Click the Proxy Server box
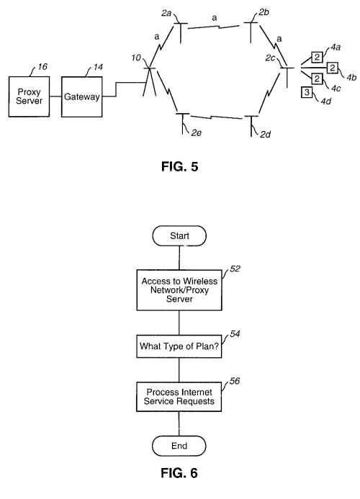(29, 96)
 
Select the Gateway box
(82, 96)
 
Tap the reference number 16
(42, 67)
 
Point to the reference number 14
(98, 67)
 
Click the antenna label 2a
(166, 14)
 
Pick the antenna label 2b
(264, 12)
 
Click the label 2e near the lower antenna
(197, 132)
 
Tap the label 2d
(266, 135)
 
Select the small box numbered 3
(307, 92)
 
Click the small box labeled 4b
(333, 68)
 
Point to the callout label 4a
(336, 48)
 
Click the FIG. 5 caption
(180, 166)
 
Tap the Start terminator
(179, 235)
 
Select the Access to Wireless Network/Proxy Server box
(179, 290)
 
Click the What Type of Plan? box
(179, 346)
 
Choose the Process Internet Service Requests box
(179, 397)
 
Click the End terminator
(179, 446)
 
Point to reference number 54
(235, 334)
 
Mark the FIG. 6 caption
(179, 473)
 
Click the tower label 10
(136, 58)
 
